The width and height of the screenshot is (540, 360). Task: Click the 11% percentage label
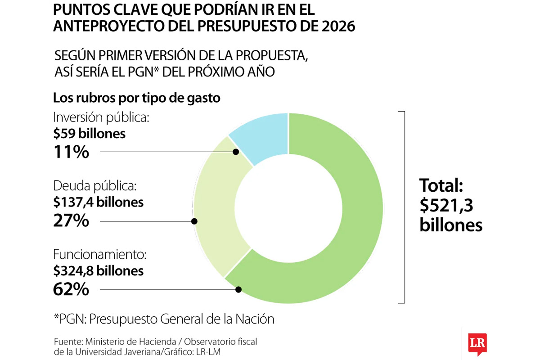(x=71, y=152)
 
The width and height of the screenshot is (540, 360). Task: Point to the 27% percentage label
(x=71, y=221)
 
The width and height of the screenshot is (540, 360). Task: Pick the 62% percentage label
(x=71, y=289)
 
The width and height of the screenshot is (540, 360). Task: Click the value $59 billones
(x=89, y=134)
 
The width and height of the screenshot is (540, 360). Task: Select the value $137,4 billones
(x=99, y=202)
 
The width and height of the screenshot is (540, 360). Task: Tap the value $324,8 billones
(x=99, y=271)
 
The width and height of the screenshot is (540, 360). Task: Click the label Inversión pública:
(x=101, y=117)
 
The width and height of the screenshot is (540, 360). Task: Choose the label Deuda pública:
(x=94, y=186)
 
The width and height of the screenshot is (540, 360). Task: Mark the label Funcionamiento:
(x=100, y=255)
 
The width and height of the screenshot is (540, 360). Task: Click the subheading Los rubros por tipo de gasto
(x=137, y=98)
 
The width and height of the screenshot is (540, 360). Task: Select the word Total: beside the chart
(x=441, y=185)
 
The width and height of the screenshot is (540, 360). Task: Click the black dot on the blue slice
(x=236, y=152)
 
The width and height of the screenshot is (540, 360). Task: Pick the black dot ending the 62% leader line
(x=239, y=290)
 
